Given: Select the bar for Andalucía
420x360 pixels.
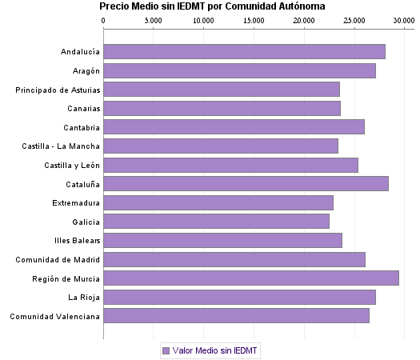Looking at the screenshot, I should click(x=244, y=52).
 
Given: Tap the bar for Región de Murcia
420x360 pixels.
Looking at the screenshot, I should click(x=251, y=278).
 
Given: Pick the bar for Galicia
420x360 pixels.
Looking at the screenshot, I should click(x=216, y=222).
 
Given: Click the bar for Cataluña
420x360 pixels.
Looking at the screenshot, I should click(x=246, y=184).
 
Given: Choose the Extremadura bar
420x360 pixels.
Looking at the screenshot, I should click(x=218, y=203).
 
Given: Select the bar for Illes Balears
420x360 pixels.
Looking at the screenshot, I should click(x=222, y=241).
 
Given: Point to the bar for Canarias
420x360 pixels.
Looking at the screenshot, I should click(x=222, y=109).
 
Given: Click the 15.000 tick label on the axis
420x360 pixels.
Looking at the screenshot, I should click(x=254, y=21).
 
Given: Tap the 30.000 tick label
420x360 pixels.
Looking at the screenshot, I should click(x=403, y=21).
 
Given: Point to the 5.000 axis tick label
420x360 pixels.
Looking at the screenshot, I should click(x=154, y=21).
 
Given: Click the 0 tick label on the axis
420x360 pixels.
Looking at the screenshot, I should click(x=104, y=21).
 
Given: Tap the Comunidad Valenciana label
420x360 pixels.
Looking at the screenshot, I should click(x=55, y=317).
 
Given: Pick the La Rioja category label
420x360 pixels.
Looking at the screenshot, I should click(x=84, y=298).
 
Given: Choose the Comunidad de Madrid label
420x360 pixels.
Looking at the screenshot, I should click(x=58, y=260).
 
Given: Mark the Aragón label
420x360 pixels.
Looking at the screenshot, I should click(x=84, y=71).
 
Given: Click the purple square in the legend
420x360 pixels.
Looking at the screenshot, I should click(x=166, y=350).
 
